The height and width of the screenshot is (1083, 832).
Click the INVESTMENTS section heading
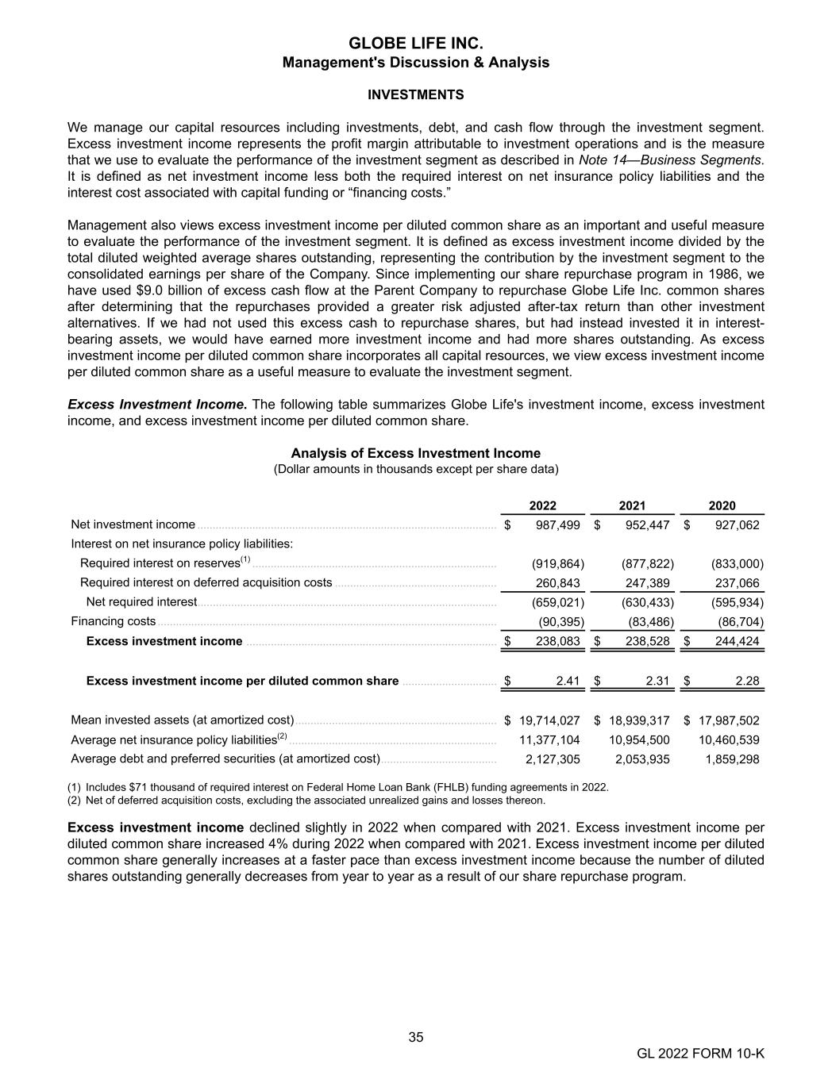tap(415, 95)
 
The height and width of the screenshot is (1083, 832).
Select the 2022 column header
tap(543, 505)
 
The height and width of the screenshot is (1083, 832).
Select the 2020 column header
tap(722, 505)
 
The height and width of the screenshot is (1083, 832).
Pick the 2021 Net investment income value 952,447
tap(647, 525)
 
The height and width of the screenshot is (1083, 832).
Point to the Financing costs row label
tap(114, 621)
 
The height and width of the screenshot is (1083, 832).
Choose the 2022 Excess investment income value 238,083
tap(558, 641)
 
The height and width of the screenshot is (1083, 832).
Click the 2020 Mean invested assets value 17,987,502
tap(729, 720)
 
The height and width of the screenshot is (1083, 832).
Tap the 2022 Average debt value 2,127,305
tap(553, 759)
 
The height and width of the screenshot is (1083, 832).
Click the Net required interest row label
tap(141, 602)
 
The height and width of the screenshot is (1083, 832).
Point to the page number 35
tap(416, 1038)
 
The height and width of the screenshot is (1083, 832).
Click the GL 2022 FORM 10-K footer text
tap(700, 1054)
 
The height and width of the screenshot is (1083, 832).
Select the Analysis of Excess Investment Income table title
tap(415, 454)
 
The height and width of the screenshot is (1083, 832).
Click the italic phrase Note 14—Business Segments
tap(670, 160)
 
